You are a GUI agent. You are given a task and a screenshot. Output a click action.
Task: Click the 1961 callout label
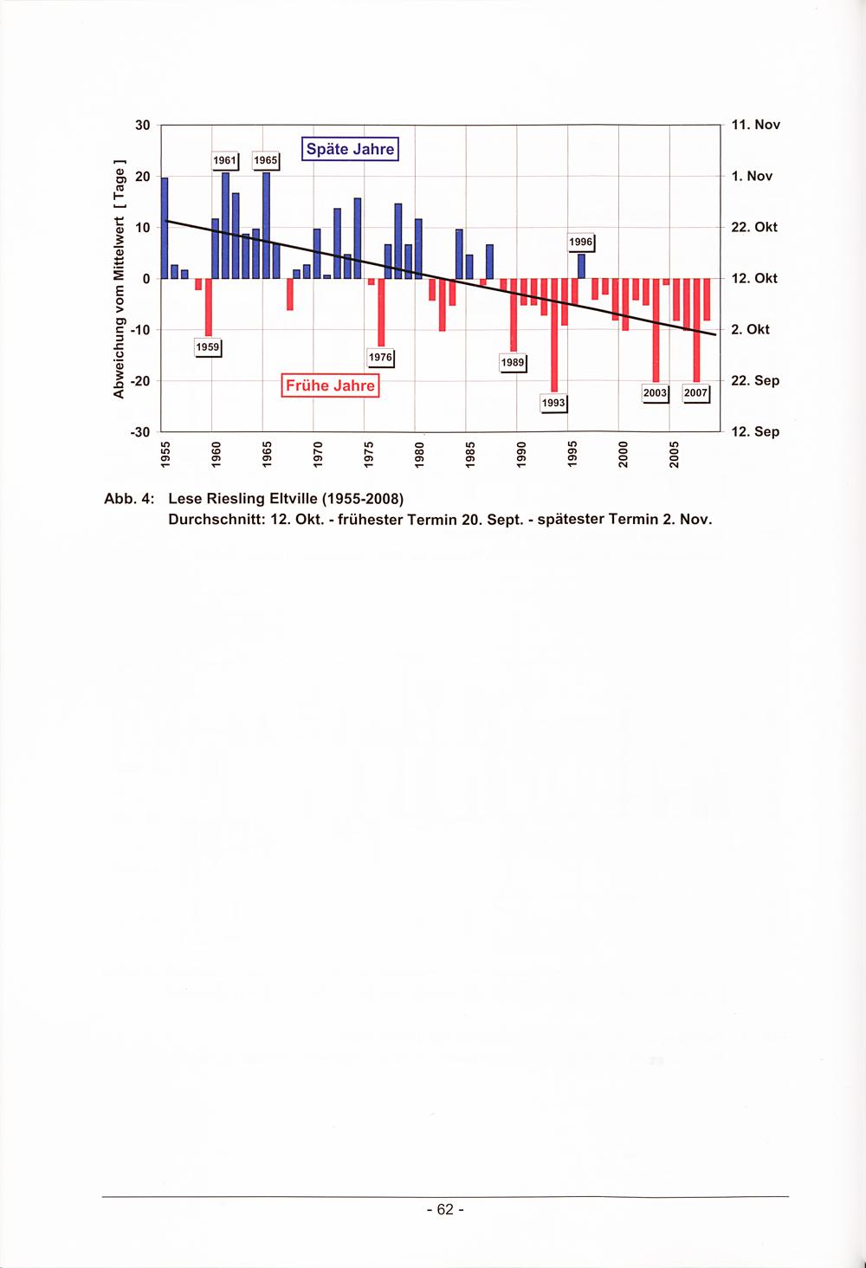pyautogui.click(x=225, y=161)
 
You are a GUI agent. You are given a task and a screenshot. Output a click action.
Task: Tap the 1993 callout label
pyautogui.click(x=554, y=403)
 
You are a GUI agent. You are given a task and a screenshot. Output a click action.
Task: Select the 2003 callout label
pyautogui.click(x=656, y=393)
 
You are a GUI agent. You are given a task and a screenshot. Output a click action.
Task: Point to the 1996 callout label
pyautogui.click(x=581, y=243)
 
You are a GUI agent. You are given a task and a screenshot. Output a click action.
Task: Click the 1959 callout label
pyautogui.click(x=208, y=347)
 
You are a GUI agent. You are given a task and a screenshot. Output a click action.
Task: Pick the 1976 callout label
pyautogui.click(x=381, y=358)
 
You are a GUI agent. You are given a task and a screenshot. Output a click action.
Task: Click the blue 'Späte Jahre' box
pyautogui.click(x=351, y=149)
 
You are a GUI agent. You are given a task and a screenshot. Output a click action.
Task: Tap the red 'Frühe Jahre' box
pyautogui.click(x=330, y=386)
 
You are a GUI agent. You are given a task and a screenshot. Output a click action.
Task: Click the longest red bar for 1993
pyautogui.click(x=554, y=335)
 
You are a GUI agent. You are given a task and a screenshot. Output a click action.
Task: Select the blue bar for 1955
pyautogui.click(x=165, y=228)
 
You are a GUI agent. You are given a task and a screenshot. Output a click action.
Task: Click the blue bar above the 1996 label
pyautogui.click(x=581, y=266)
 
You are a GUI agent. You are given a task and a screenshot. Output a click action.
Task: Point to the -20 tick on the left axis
pyautogui.click(x=140, y=382)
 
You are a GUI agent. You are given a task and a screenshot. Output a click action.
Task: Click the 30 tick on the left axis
pyautogui.click(x=143, y=125)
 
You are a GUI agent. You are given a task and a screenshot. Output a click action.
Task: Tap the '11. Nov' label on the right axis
pyautogui.click(x=756, y=125)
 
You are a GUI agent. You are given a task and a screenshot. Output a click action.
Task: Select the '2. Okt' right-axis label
pyautogui.click(x=751, y=329)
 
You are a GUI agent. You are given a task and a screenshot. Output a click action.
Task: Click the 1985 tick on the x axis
pyautogui.click(x=469, y=455)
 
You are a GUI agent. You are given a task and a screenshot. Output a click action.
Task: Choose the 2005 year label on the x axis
pyautogui.click(x=674, y=455)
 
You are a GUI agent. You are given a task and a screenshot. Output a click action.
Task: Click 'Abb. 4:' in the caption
pyautogui.click(x=129, y=499)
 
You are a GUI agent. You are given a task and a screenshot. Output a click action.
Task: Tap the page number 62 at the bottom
pyautogui.click(x=445, y=1209)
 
